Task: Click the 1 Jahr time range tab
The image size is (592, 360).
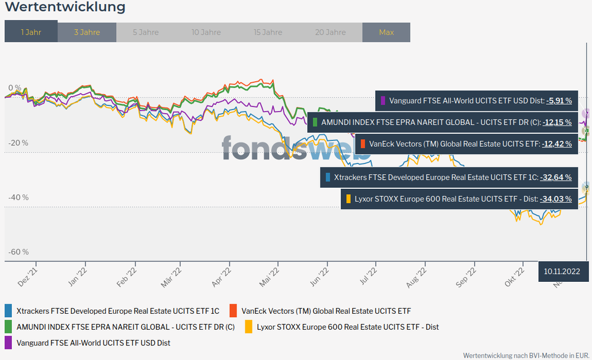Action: point(31,32)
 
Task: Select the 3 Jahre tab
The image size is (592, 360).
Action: point(87,32)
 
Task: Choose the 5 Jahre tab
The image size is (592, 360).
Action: point(145,32)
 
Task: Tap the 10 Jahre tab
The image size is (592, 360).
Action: point(206,32)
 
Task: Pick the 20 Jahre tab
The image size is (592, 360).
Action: point(331,32)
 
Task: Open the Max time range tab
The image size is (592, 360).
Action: point(386,32)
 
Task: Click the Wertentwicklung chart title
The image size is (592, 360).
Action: point(65,8)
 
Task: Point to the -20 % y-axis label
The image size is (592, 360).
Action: point(18,143)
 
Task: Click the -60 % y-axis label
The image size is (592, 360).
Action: point(18,252)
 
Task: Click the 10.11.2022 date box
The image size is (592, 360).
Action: point(562,271)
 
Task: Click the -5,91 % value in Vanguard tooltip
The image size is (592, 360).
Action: point(559,101)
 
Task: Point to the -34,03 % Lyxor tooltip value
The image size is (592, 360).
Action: point(555,199)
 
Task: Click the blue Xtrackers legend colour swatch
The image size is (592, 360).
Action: point(8,311)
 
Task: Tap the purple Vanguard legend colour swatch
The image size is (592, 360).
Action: point(8,343)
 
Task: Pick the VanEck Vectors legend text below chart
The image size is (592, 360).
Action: point(326,311)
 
